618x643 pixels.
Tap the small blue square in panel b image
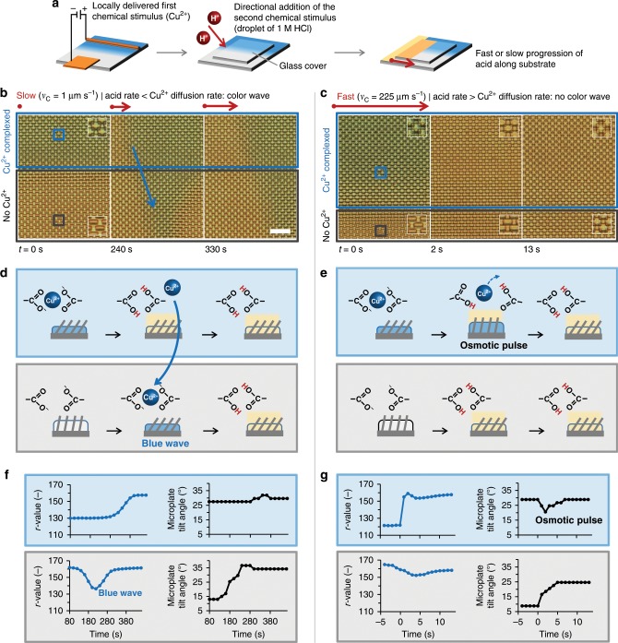point(59,136)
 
